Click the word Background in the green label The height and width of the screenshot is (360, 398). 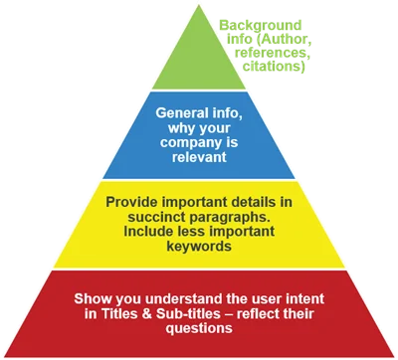[x=261, y=26]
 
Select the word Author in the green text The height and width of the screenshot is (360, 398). [x=285, y=39]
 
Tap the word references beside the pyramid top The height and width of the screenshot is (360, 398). [x=273, y=53]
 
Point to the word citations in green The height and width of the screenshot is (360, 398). [x=274, y=66]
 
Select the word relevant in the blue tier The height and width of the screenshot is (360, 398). [x=199, y=157]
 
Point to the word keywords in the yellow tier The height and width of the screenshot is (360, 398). [x=199, y=246]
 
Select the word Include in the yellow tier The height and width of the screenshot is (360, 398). [x=145, y=231]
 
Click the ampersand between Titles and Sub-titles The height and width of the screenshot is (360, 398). [x=146, y=313]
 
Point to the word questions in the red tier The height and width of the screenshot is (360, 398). [x=199, y=328]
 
